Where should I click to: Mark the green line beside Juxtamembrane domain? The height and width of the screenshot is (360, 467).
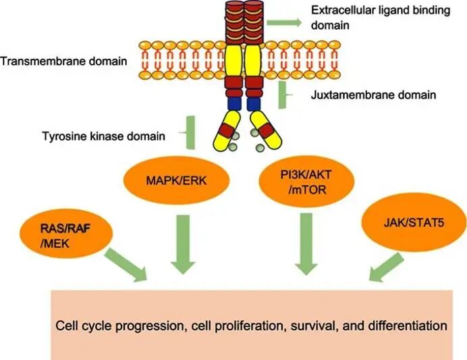281,95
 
